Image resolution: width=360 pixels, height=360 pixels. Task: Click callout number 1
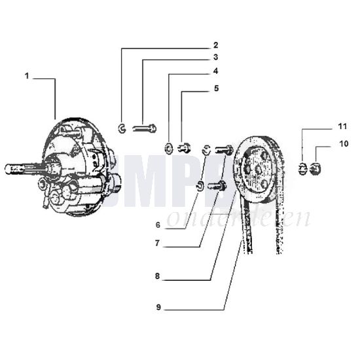tap(27, 77)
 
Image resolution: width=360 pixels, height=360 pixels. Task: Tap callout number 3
tap(215, 58)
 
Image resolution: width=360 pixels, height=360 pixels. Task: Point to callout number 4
tap(215, 71)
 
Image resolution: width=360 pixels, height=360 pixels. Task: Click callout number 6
tap(158, 225)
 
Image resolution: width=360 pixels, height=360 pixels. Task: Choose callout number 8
tap(158, 276)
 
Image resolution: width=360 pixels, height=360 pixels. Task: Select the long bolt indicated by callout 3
tap(145, 128)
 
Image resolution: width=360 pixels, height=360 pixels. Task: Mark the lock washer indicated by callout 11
tap(302, 170)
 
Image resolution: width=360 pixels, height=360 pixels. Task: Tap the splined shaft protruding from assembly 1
tap(20, 169)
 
